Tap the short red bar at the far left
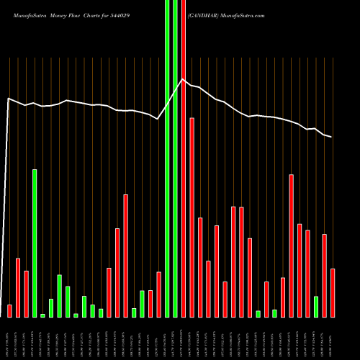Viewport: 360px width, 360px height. tap(9, 310)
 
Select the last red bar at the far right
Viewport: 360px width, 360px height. tap(333, 292)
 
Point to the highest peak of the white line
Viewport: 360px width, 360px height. tap(183, 79)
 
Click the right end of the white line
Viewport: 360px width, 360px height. tap(331, 137)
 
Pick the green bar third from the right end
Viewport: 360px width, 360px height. tap(316, 306)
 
